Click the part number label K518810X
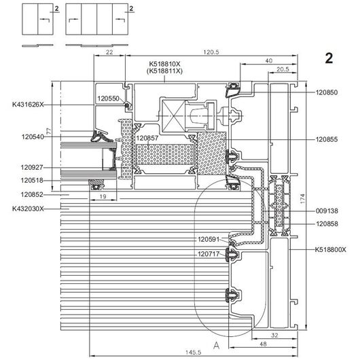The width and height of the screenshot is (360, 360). click(x=164, y=64)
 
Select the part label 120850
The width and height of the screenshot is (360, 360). click(x=327, y=92)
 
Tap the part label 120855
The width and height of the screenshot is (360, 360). click(x=327, y=139)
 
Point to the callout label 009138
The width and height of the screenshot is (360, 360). click(x=327, y=211)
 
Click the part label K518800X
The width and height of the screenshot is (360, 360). click(x=330, y=249)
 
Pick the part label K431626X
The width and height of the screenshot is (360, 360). click(x=28, y=105)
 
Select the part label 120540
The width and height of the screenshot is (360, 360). click(x=33, y=137)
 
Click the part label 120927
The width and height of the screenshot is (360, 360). click(x=32, y=167)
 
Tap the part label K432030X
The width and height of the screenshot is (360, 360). click(x=28, y=209)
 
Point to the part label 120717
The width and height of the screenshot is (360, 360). click(x=209, y=254)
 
